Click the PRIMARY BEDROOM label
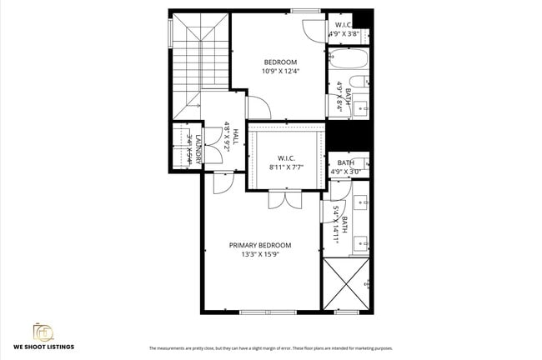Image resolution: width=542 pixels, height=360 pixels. pyautogui.click(x=260, y=245)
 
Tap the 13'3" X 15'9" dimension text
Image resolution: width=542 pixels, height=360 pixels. pyautogui.click(x=260, y=255)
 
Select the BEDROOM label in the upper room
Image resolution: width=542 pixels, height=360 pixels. pyautogui.click(x=280, y=62)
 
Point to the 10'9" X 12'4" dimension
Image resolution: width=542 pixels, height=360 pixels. pyautogui.click(x=280, y=72)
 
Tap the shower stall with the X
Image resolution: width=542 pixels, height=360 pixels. pyautogui.click(x=346, y=284)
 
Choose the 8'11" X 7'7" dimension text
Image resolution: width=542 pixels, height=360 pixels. pyautogui.click(x=286, y=167)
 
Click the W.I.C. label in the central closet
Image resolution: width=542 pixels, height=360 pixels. pyautogui.click(x=286, y=157)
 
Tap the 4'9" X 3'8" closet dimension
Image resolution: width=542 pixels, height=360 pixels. pyautogui.click(x=344, y=34)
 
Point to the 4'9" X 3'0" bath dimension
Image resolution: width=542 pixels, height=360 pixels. pyautogui.click(x=344, y=172)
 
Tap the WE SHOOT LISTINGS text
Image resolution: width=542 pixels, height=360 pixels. pyautogui.click(x=43, y=345)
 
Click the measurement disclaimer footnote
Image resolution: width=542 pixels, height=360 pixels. pyautogui.click(x=270, y=348)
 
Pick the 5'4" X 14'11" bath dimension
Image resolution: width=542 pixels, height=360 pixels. pyautogui.click(x=340, y=223)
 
